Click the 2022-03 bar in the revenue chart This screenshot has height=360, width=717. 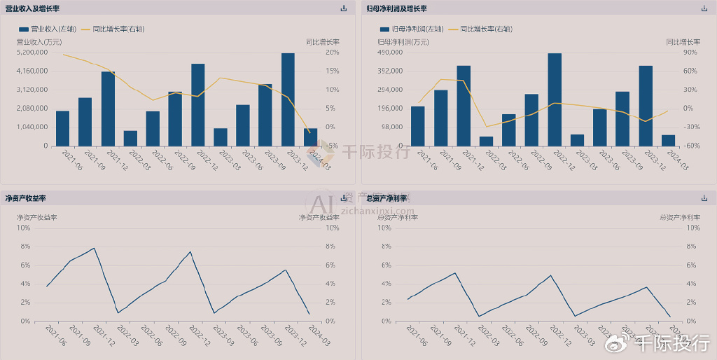(x=130, y=138)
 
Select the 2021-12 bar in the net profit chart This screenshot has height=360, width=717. (x=464, y=105)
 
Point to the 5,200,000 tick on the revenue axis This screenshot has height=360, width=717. (x=32, y=53)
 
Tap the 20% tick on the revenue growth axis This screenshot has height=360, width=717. (x=333, y=53)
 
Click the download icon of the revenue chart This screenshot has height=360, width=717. (x=343, y=8)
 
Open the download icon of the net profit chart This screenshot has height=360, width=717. (x=704, y=8)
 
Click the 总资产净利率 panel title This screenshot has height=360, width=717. (x=392, y=199)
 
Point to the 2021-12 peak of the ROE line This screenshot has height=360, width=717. (x=94, y=248)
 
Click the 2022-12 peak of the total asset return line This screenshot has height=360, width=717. (x=551, y=275)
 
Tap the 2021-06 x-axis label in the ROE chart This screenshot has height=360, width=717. (x=55, y=334)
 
